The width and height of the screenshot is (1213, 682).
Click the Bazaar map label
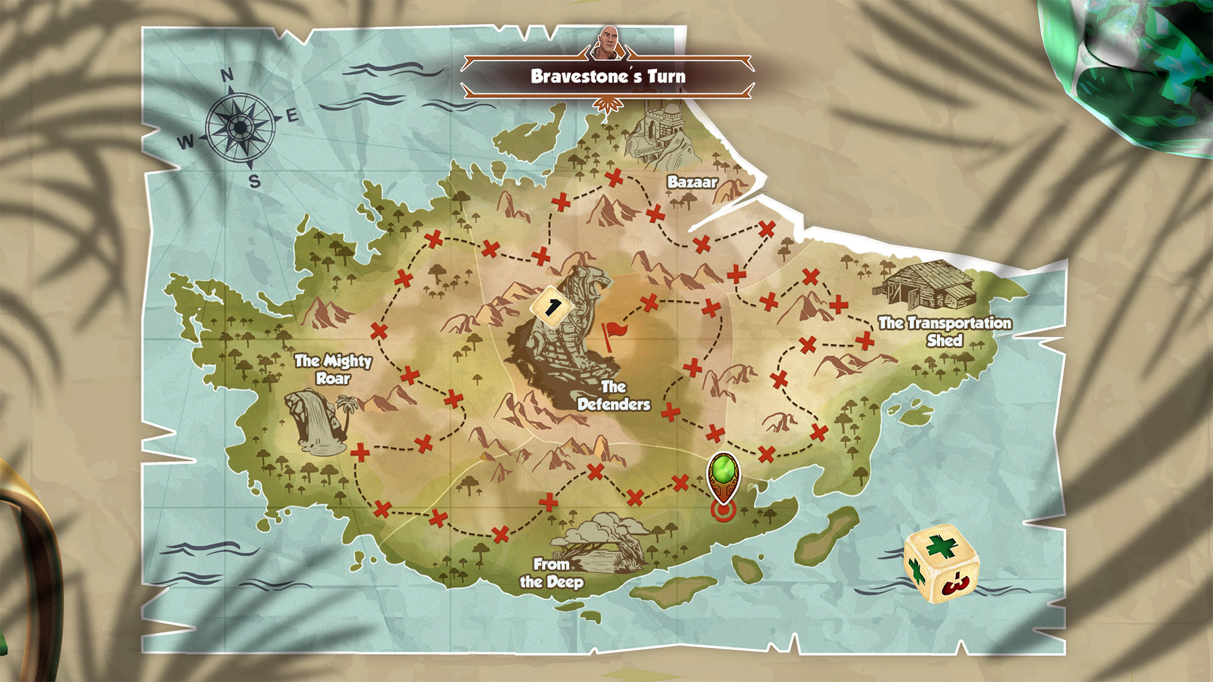(692, 182)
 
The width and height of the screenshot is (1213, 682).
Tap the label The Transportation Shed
(944, 332)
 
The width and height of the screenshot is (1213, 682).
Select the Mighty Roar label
(333, 369)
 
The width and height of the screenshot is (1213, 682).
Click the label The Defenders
(613, 396)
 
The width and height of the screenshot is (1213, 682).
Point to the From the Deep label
(552, 573)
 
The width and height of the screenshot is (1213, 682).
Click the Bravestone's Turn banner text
(608, 76)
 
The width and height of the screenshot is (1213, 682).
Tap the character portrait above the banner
(608, 43)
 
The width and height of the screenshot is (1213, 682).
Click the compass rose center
(240, 128)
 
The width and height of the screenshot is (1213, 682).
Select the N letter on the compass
(227, 75)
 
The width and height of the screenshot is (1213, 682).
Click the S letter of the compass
(255, 181)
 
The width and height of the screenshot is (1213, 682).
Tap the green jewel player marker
(723, 474)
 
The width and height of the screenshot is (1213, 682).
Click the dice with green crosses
(941, 562)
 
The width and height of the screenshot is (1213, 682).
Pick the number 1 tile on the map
(552, 308)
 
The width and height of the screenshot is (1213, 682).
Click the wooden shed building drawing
(926, 284)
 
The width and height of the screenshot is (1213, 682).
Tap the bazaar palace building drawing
(657, 133)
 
